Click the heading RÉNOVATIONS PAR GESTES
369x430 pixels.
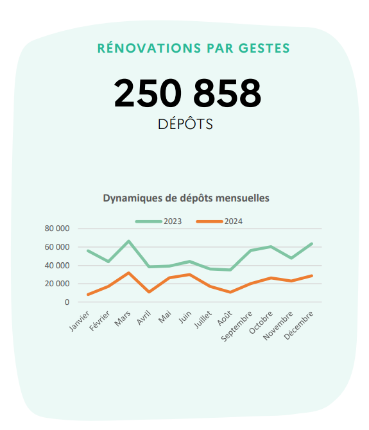point(193,48)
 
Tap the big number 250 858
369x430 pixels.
point(187,94)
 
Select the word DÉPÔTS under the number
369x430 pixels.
point(185,124)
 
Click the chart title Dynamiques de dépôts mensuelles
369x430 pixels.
point(186,198)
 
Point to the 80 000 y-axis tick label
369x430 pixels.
point(57,228)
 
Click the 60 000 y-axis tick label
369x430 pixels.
point(57,247)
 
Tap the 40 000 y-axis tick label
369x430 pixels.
point(57,265)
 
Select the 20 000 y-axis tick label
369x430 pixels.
point(57,284)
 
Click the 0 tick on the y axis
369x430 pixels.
point(66,302)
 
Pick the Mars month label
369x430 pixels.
point(123,317)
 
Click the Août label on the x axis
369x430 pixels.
point(225,317)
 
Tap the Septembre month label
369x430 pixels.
point(241,323)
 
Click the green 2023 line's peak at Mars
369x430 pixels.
point(129,241)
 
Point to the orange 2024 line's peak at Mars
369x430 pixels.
point(129,273)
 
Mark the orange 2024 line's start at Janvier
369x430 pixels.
point(88,295)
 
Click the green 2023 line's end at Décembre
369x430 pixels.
point(311,244)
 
